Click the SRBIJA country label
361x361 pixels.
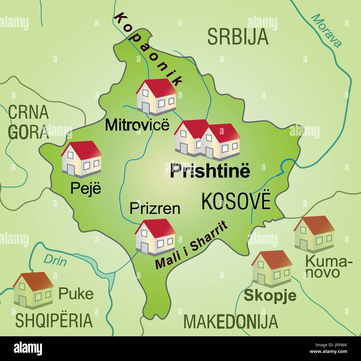point(238,37)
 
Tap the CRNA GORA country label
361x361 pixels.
point(28,122)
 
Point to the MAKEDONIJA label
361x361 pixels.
point(230,321)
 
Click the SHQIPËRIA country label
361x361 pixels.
point(54,320)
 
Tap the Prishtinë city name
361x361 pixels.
point(210,171)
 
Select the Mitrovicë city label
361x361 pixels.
point(137,125)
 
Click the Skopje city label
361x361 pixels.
point(270,295)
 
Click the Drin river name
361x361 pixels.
point(55,260)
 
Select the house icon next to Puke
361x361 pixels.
point(33,290)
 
